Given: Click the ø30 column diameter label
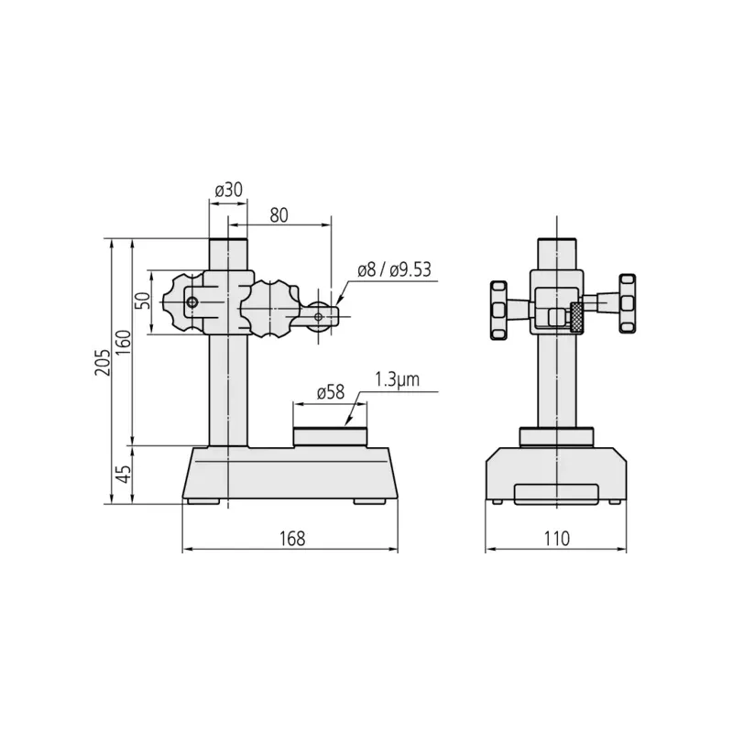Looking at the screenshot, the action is pos(228,191).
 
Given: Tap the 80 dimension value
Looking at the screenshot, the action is pos(279,215).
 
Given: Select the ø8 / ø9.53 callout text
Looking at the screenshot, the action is pos(394,270).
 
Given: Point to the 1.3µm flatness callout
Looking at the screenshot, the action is pos(397,379).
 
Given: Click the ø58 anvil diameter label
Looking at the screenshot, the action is pos(331,392).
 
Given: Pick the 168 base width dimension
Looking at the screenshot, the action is pos(292,539).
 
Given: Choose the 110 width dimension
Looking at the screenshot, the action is pos(556,539).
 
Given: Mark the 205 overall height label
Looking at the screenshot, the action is pos(103,362).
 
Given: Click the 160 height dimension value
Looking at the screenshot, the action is pos(124,342).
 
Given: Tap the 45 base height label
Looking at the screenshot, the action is pos(124,474).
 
